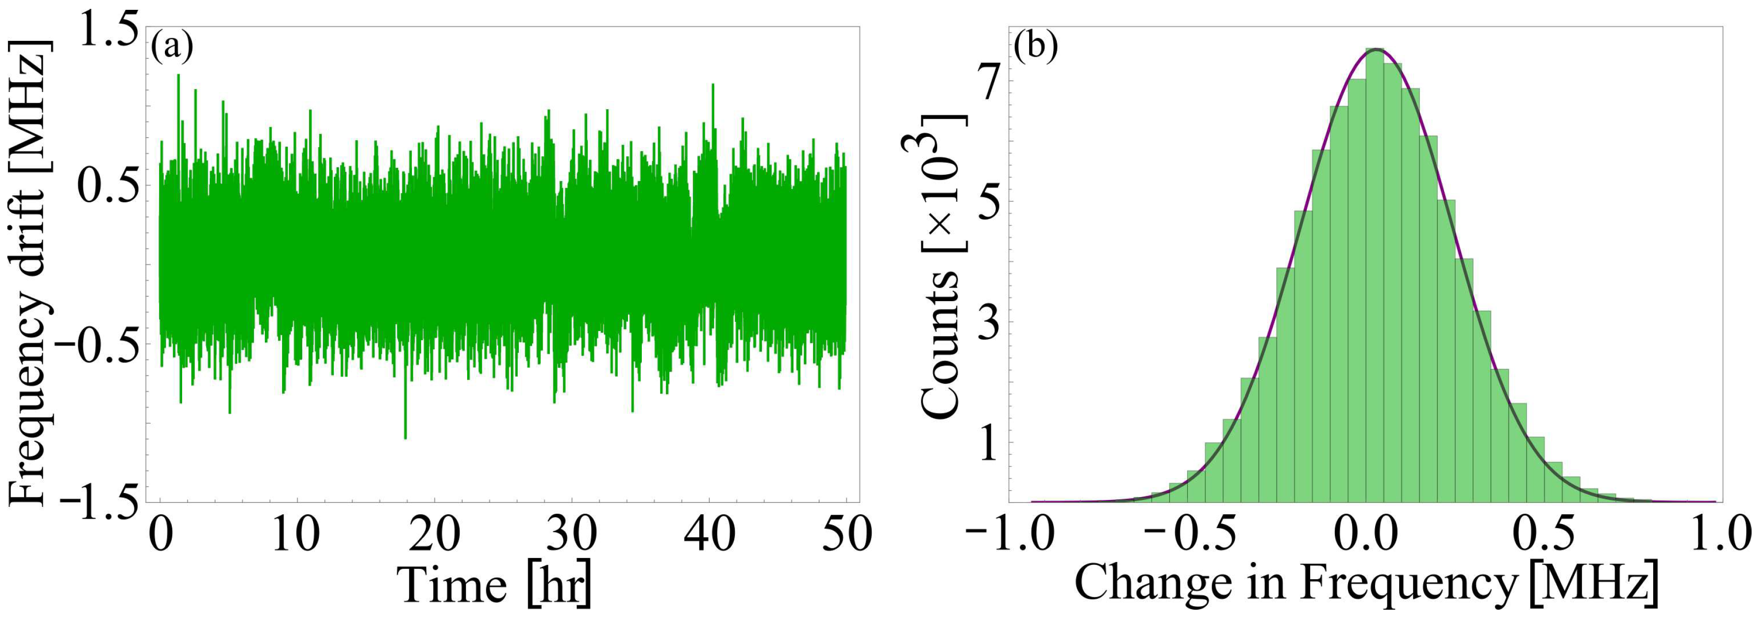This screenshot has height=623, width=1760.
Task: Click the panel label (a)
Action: [172, 46]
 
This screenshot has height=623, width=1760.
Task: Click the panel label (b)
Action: [1036, 46]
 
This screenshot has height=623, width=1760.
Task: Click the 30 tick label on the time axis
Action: [572, 534]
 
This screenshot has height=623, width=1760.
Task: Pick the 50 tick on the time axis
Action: [846, 534]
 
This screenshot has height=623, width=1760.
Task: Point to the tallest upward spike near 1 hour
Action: [178, 76]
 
